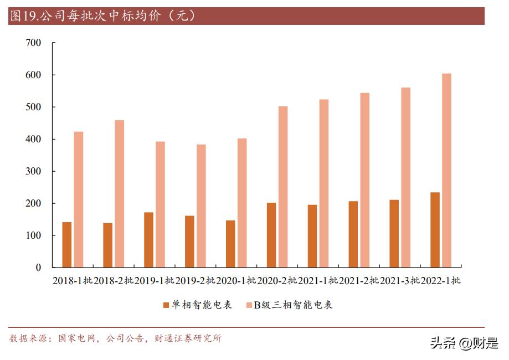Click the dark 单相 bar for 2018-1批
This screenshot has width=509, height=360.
coord(67,245)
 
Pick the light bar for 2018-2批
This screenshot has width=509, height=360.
coord(119,194)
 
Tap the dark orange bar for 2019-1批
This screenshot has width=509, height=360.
coord(148,240)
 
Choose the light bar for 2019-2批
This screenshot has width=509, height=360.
coord(201,206)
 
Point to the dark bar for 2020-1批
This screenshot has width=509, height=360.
coord(230,244)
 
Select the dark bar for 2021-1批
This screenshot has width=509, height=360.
coord(312,236)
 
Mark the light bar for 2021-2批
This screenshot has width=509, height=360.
coord(364,180)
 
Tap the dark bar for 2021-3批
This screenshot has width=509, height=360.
coord(394,234)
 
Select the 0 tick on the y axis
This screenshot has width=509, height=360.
coord(39,268)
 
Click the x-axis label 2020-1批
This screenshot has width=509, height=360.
coord(236,281)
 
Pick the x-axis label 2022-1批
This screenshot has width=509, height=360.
coord(440,281)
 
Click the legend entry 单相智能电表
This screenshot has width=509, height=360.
coord(197,305)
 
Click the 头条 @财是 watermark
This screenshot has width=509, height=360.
coord(464,343)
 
